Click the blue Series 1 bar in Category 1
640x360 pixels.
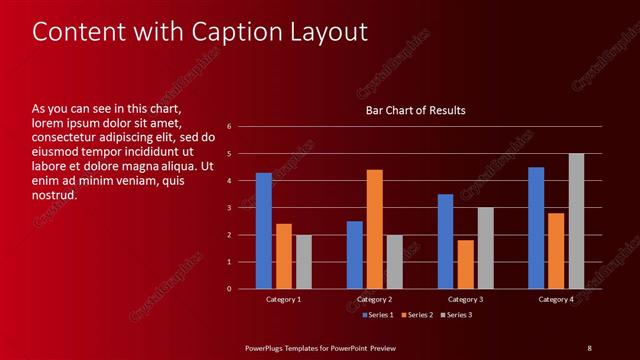pos(264,231)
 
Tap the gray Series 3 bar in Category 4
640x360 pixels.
pos(577,221)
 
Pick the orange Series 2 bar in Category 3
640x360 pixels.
pos(466,264)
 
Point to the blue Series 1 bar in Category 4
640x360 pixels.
pos(536,228)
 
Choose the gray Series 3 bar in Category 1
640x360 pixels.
pos(304,262)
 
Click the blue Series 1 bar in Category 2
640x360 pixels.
pos(355,255)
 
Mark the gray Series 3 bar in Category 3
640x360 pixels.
pos(486,248)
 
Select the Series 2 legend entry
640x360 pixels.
pos(417,315)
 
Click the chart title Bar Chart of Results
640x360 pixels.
pos(415,110)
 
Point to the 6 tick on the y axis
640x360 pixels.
pos(230,127)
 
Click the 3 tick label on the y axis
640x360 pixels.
pos(230,208)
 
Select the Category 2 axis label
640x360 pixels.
pos(375,300)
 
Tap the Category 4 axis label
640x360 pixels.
pos(556,300)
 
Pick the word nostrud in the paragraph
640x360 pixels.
pos(55,195)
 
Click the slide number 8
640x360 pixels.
pos(589,348)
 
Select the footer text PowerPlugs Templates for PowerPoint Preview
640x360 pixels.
pos(321,348)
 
